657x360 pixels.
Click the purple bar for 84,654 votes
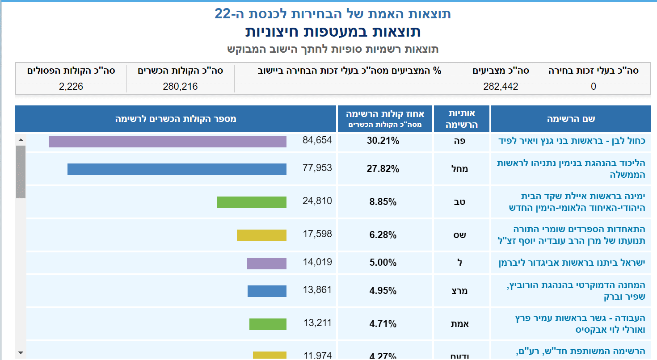click(x=167, y=142)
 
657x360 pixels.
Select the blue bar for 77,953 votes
click(x=177, y=169)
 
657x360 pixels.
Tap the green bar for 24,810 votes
click(x=251, y=202)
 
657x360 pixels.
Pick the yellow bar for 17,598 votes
click(x=261, y=235)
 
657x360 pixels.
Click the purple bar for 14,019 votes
click(x=266, y=264)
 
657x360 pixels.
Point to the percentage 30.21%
click(x=383, y=141)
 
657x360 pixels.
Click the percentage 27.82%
click(x=383, y=169)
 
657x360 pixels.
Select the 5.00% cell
click(x=383, y=263)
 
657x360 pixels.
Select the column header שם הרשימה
click(x=571, y=119)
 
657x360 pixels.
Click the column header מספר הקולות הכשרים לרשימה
click(x=176, y=119)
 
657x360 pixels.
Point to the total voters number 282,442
click(x=501, y=87)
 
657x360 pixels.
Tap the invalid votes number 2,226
click(x=71, y=87)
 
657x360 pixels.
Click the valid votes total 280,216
click(x=181, y=87)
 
